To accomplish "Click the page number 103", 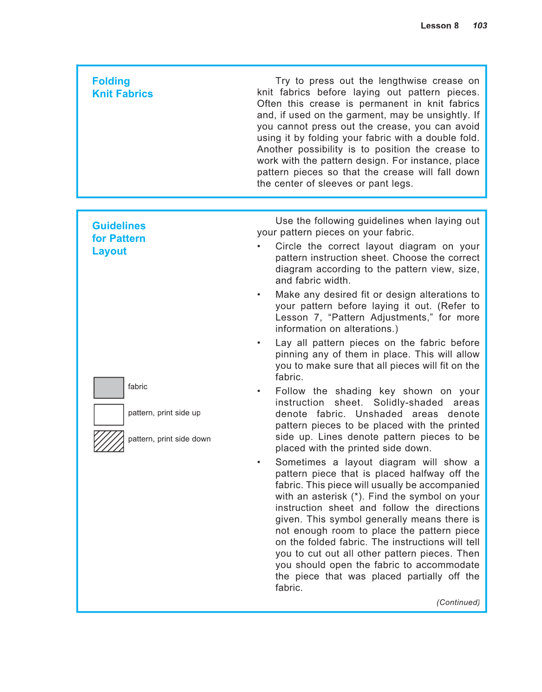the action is click(480, 26).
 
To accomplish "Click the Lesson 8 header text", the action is click(439, 26).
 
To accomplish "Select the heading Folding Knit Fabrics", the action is click(122, 87).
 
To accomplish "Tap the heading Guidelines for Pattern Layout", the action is click(118, 238).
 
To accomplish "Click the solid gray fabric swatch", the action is click(109, 388).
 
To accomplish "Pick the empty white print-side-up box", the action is click(109, 415).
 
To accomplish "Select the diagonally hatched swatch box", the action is click(109, 441).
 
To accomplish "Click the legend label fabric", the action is click(137, 386).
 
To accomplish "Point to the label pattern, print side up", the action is click(164, 413).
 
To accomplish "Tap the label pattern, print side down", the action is click(169, 439).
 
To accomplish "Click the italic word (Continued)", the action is click(458, 602).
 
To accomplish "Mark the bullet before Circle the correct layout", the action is click(259, 247).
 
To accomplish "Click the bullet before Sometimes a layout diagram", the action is click(259, 463).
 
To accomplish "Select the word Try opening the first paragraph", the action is click(282, 81).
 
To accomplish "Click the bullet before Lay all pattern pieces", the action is click(259, 343).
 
